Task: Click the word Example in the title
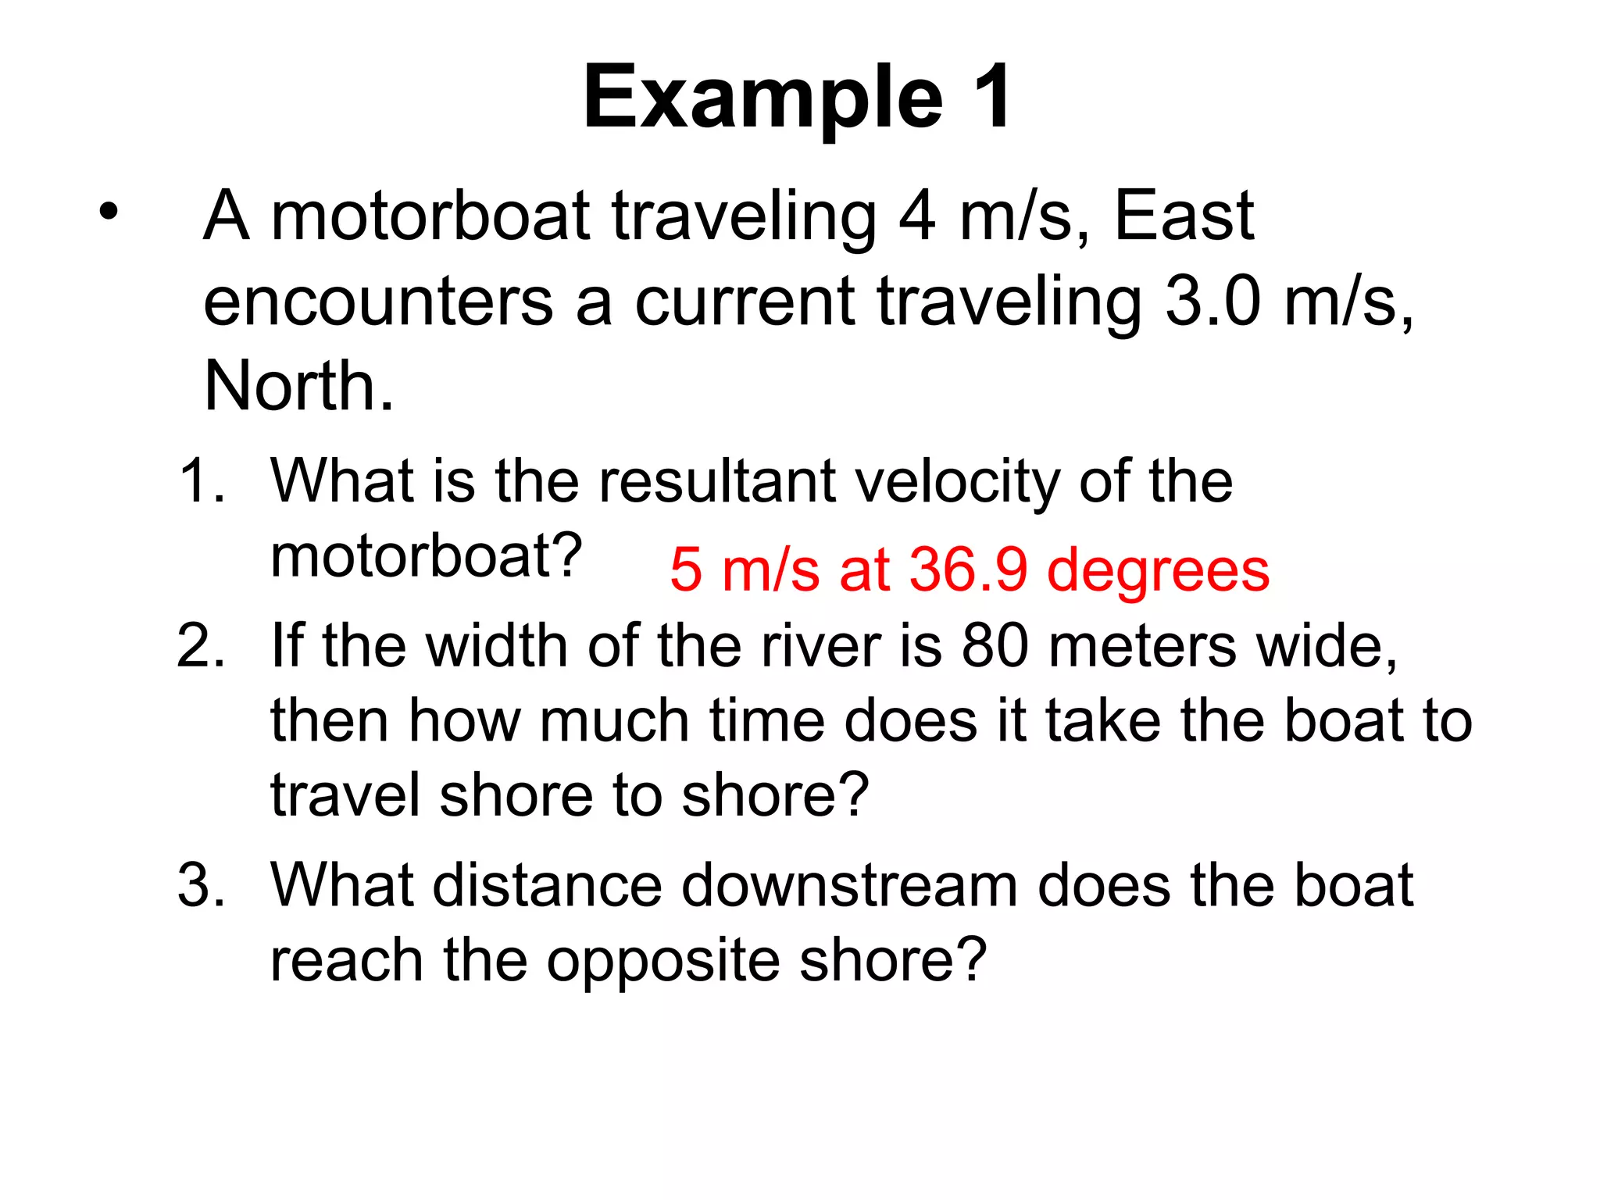click(762, 98)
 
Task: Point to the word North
click(298, 386)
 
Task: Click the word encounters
click(378, 302)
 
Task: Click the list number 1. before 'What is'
click(202, 480)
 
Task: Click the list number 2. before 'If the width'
click(202, 646)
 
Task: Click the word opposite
click(663, 961)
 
